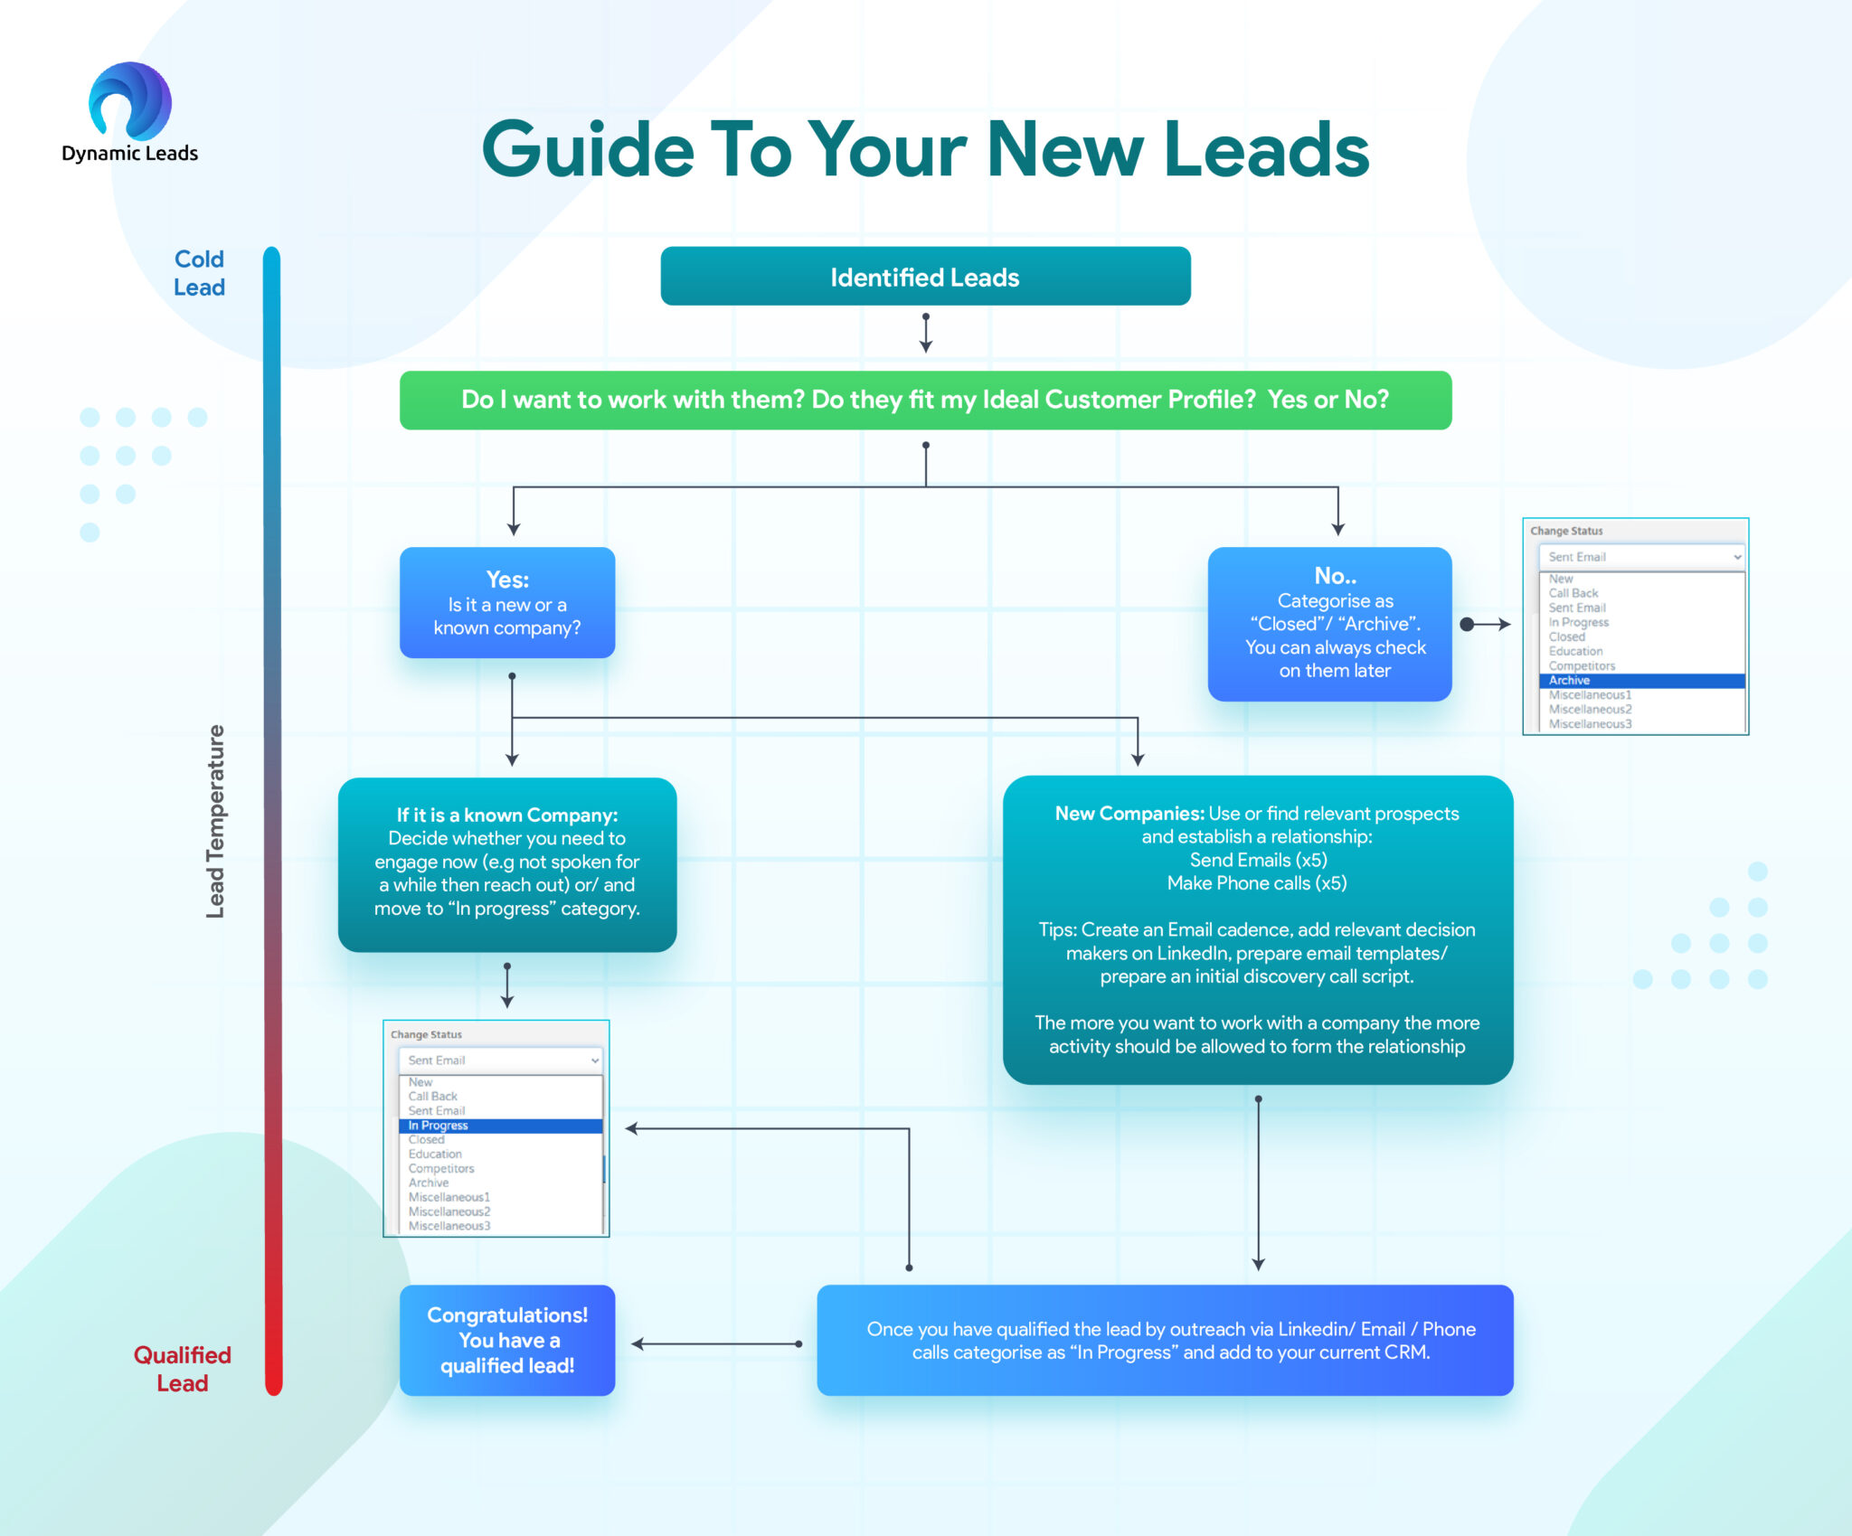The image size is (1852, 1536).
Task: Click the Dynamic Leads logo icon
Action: click(130, 101)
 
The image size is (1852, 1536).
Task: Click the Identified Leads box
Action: click(924, 277)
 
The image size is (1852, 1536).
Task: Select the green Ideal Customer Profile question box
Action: click(924, 400)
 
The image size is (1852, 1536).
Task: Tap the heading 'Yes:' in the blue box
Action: click(507, 580)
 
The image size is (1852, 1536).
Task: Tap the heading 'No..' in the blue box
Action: click(1335, 576)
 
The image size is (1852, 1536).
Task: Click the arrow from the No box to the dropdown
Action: click(1487, 624)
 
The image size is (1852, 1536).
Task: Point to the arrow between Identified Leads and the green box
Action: click(925, 334)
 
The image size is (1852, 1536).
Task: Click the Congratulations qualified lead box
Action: click(507, 1340)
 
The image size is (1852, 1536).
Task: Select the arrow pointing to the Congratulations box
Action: click(715, 1344)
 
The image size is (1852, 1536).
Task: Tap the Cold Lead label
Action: click(199, 273)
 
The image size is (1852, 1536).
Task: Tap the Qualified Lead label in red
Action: click(182, 1369)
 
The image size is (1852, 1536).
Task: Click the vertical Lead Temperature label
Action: click(215, 821)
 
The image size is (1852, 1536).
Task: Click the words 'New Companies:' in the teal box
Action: click(1129, 814)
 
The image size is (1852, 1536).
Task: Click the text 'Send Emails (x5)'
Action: click(1258, 860)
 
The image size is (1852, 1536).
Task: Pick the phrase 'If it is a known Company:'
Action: click(507, 815)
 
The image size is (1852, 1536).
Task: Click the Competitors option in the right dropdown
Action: click(1581, 666)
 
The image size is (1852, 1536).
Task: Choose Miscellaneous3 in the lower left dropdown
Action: click(449, 1226)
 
